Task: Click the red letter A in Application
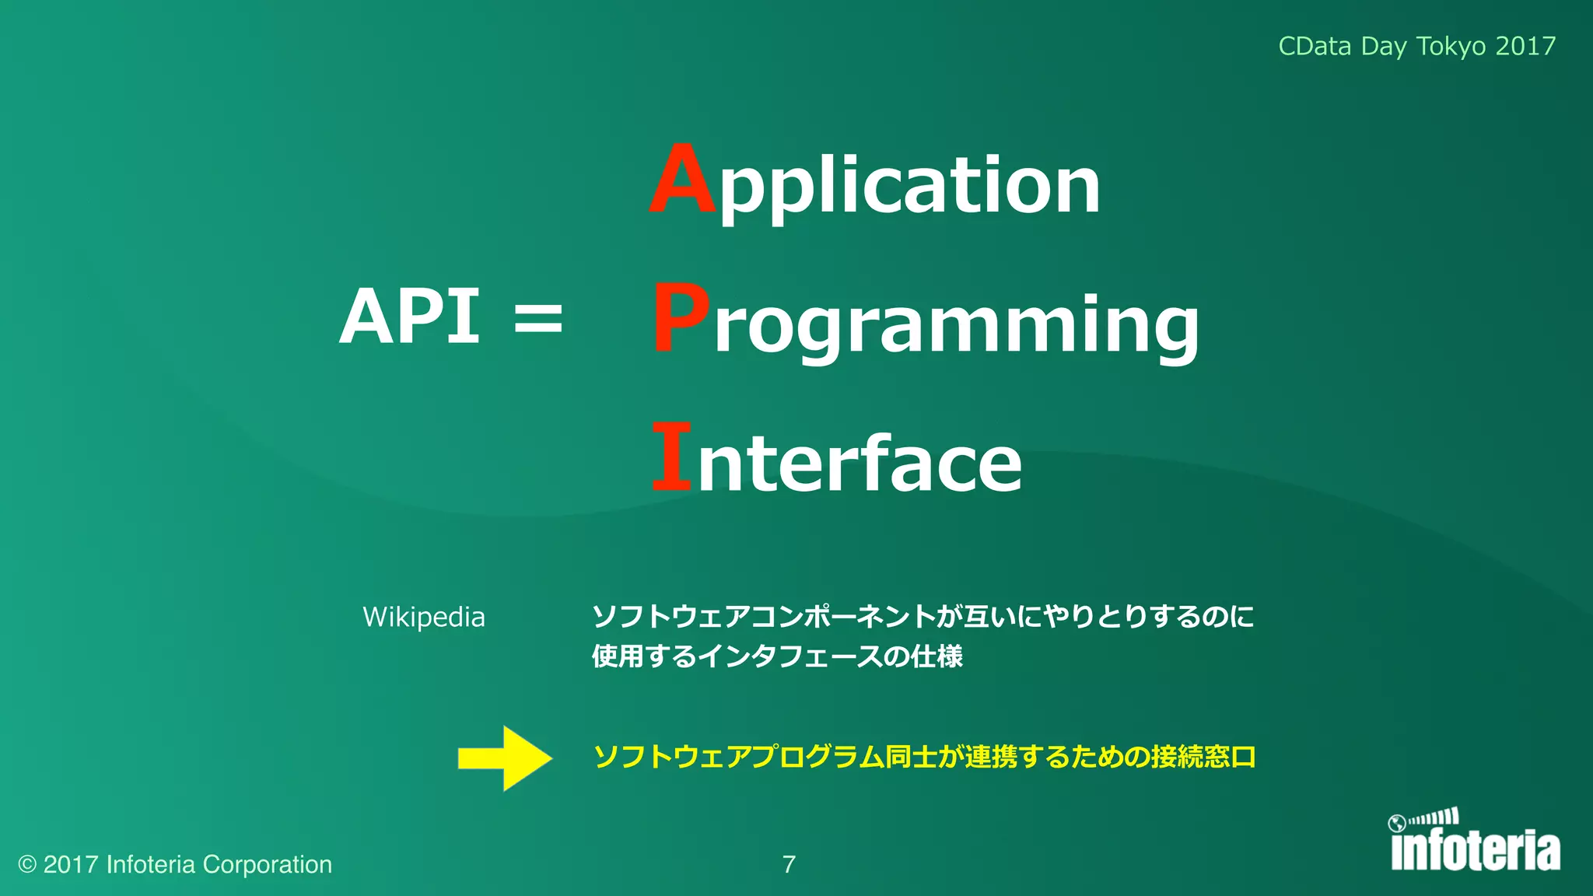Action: pyautogui.click(x=682, y=180)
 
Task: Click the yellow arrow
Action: pyautogui.click(x=506, y=758)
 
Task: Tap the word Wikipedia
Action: pyautogui.click(x=424, y=618)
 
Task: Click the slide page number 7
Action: pyautogui.click(x=789, y=865)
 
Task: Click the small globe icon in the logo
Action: pyautogui.click(x=1397, y=823)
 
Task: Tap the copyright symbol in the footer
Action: pyautogui.click(x=27, y=865)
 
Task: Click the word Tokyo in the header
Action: pyautogui.click(x=1451, y=47)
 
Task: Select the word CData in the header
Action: pyautogui.click(x=1315, y=47)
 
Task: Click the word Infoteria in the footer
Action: pyautogui.click(x=150, y=865)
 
